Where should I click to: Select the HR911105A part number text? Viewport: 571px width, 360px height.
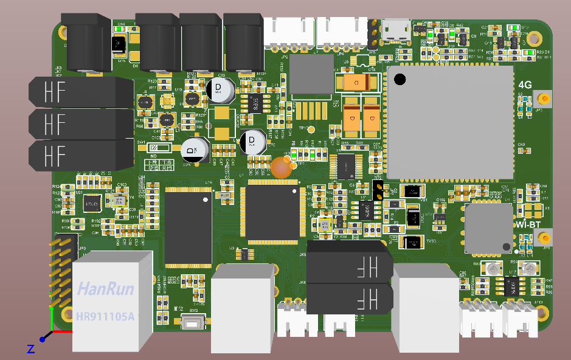[x=106, y=316]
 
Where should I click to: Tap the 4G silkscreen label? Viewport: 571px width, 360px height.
[x=525, y=85]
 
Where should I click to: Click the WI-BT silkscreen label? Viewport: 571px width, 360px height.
[x=528, y=224]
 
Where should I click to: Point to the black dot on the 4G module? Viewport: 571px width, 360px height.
[x=400, y=78]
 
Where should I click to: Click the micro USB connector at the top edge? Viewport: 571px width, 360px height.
[x=395, y=30]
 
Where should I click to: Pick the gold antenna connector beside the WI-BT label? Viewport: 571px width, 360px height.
[x=545, y=238]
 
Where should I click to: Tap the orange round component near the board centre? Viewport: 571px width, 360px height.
[x=281, y=167]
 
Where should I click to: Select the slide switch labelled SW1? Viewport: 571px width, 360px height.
[x=161, y=148]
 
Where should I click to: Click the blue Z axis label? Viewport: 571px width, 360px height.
[x=30, y=348]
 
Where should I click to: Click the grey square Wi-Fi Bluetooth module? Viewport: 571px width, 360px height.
[x=489, y=229]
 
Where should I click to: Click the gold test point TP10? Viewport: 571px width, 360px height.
[x=311, y=130]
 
